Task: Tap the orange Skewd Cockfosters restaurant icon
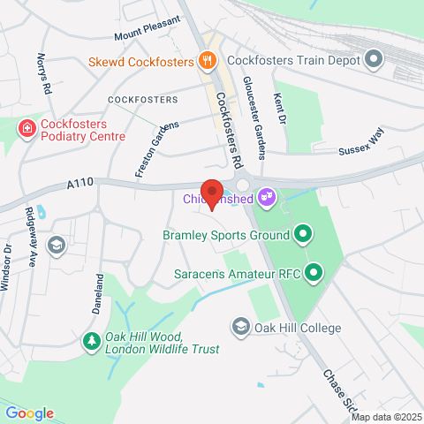(207, 61)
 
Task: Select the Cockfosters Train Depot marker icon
(374, 61)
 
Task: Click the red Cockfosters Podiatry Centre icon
(27, 129)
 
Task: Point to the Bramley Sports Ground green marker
(303, 235)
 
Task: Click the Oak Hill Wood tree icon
(90, 341)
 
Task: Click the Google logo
(29, 413)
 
